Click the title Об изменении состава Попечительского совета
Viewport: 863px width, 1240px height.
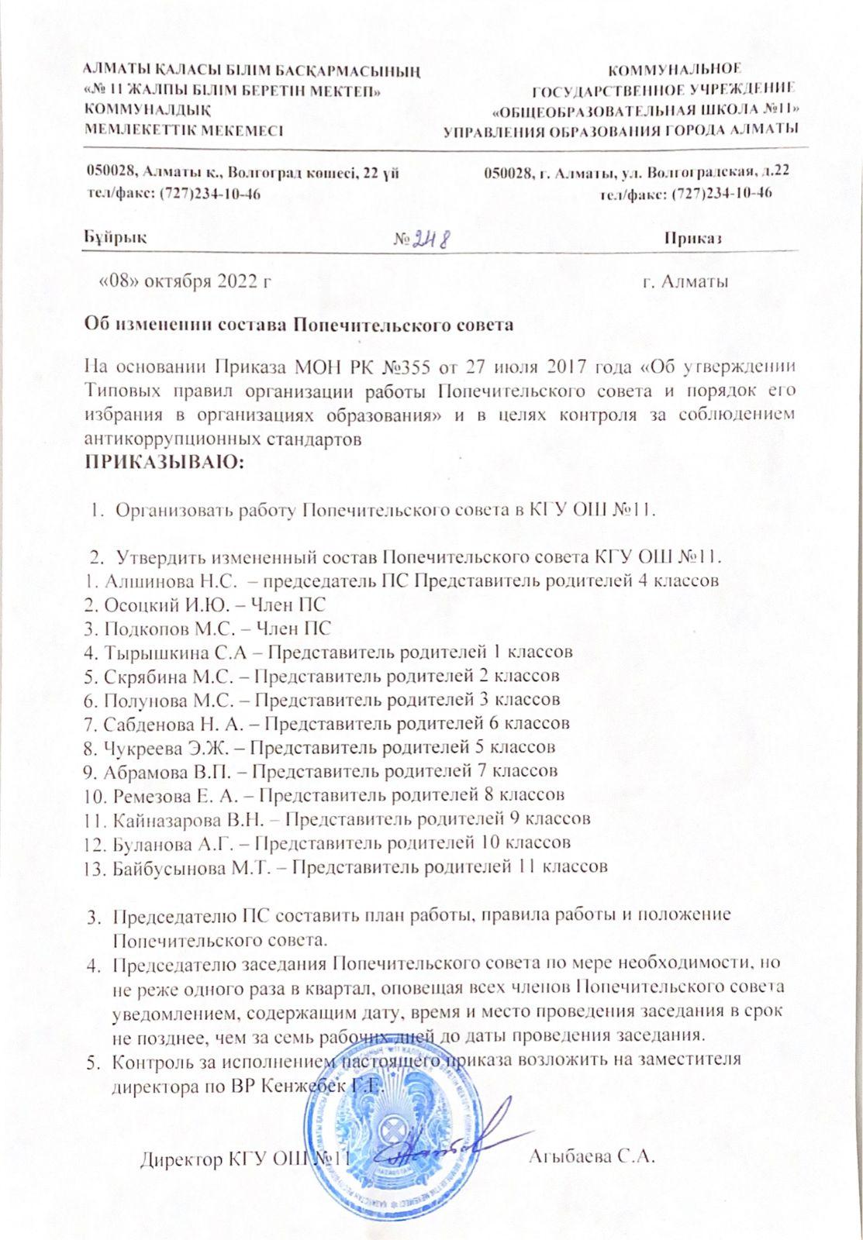pyautogui.click(x=299, y=325)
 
